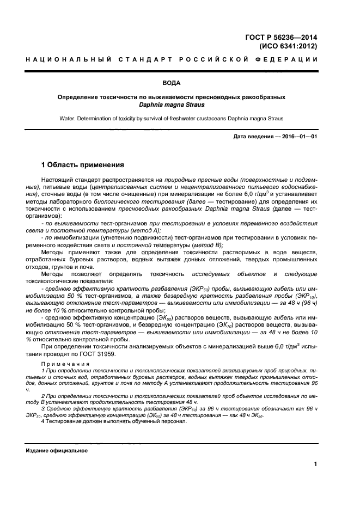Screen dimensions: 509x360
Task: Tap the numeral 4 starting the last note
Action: tap(44, 421)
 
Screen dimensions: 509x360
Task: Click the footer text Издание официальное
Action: tap(57, 451)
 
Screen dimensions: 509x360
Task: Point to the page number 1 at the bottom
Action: tap(315, 464)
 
